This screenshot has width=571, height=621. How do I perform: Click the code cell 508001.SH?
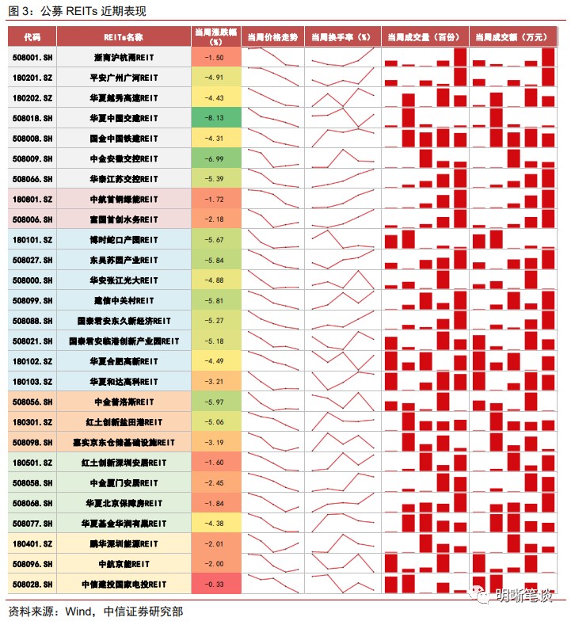pos(32,58)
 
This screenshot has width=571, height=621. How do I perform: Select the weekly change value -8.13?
pos(215,118)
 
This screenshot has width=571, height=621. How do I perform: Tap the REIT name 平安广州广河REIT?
pos(124,78)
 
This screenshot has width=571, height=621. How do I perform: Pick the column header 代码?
pos(32,37)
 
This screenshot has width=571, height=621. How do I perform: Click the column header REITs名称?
pos(124,37)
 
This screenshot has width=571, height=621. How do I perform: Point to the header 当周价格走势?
pos(272,37)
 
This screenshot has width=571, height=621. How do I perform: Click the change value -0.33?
pos(215,584)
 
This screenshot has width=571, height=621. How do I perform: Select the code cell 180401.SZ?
pos(32,543)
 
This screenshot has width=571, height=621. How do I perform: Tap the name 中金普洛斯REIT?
pos(124,402)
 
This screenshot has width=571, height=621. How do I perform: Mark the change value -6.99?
pos(215,158)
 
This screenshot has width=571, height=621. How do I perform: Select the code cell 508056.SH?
pos(32,402)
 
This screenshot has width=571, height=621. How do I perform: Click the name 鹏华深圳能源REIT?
pos(124,543)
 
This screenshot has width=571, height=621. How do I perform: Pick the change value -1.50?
pos(215,58)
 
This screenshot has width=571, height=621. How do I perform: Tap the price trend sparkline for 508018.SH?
pos(272,118)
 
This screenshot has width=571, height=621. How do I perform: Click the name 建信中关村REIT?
pos(124,300)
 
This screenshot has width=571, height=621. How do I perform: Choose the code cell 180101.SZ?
pos(32,239)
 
